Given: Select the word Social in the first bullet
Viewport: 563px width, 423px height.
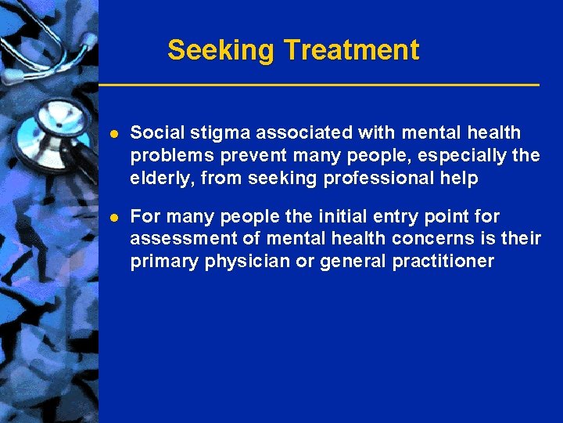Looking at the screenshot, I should (x=153, y=133).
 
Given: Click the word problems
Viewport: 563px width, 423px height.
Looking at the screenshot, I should (x=168, y=156).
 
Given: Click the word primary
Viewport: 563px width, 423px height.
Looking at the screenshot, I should (x=165, y=262).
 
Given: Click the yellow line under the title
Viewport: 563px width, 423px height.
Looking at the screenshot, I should (x=318, y=83).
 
